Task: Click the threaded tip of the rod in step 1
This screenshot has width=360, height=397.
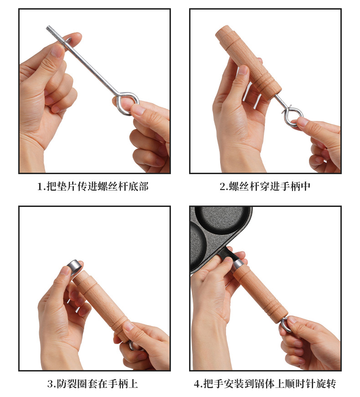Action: coord(52,31)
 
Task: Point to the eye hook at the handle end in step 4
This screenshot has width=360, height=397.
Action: coord(283,325)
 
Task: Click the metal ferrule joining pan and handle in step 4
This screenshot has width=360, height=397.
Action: coord(238,263)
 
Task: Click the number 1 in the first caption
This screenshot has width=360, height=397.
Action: coord(40,186)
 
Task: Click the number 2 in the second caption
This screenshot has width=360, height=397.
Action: coord(223,186)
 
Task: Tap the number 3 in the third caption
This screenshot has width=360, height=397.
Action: coord(51,384)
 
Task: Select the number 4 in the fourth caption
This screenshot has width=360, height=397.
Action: coord(197,384)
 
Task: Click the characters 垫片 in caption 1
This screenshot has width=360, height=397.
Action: coord(67,186)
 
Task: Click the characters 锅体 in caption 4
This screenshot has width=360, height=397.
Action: coord(275,384)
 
